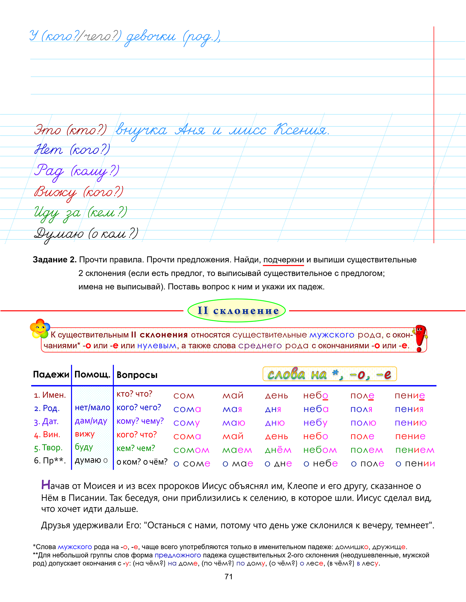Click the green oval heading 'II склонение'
point(237,310)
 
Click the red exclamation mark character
point(420,338)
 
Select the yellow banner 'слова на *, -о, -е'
point(329,374)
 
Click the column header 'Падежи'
point(51,375)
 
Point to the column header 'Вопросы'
point(137,375)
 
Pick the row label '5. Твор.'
point(48,448)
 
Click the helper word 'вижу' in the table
point(85,434)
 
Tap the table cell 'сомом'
point(191,450)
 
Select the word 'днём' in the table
point(278,450)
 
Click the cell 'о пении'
point(415,464)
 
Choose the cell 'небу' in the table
point(315,423)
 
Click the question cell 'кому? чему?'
point(140,421)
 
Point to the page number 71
point(229,577)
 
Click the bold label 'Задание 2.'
point(55,260)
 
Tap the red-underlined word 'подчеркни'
point(283,260)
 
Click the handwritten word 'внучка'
point(141,130)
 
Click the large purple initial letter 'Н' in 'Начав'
point(46,485)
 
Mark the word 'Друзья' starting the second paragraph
point(55,525)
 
